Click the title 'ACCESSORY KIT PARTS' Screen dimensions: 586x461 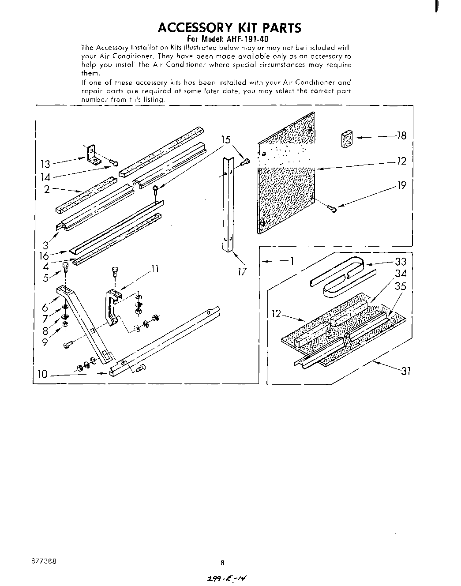pyautogui.click(x=229, y=28)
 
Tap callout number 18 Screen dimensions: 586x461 pyautogui.click(x=401, y=135)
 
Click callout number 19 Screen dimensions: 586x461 pyautogui.click(x=401, y=185)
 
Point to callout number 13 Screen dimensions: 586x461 pyautogui.click(x=45, y=165)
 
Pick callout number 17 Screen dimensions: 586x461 pyautogui.click(x=241, y=271)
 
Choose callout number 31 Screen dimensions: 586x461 pyautogui.click(x=405, y=372)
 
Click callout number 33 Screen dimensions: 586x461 pyautogui.click(x=400, y=262)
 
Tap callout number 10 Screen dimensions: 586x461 pyautogui.click(x=42, y=375)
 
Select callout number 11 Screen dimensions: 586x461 pyautogui.click(x=154, y=268)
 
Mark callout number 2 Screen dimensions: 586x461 pyautogui.click(x=46, y=189)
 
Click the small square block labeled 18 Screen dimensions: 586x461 pyautogui.click(x=348, y=138)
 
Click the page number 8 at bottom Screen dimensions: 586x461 pyautogui.click(x=222, y=563)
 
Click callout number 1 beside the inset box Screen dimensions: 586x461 pyautogui.click(x=291, y=261)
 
